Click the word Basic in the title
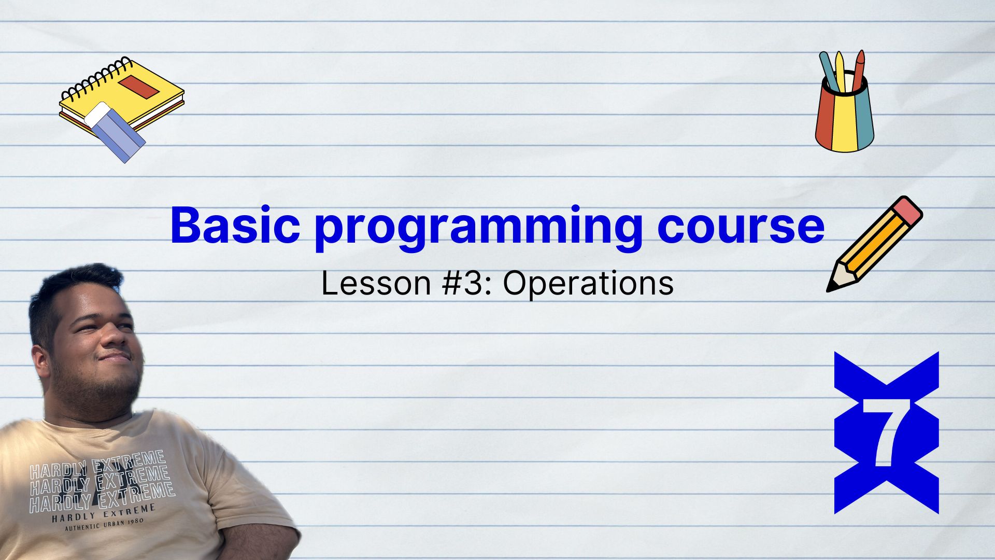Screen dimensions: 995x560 (235, 225)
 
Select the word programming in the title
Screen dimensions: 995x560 (478, 229)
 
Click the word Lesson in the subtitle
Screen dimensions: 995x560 (376, 283)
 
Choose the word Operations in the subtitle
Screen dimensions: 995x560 (588, 284)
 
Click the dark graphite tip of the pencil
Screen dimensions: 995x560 (831, 287)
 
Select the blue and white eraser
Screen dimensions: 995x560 (115, 132)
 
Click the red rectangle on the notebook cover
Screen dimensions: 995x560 (138, 86)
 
